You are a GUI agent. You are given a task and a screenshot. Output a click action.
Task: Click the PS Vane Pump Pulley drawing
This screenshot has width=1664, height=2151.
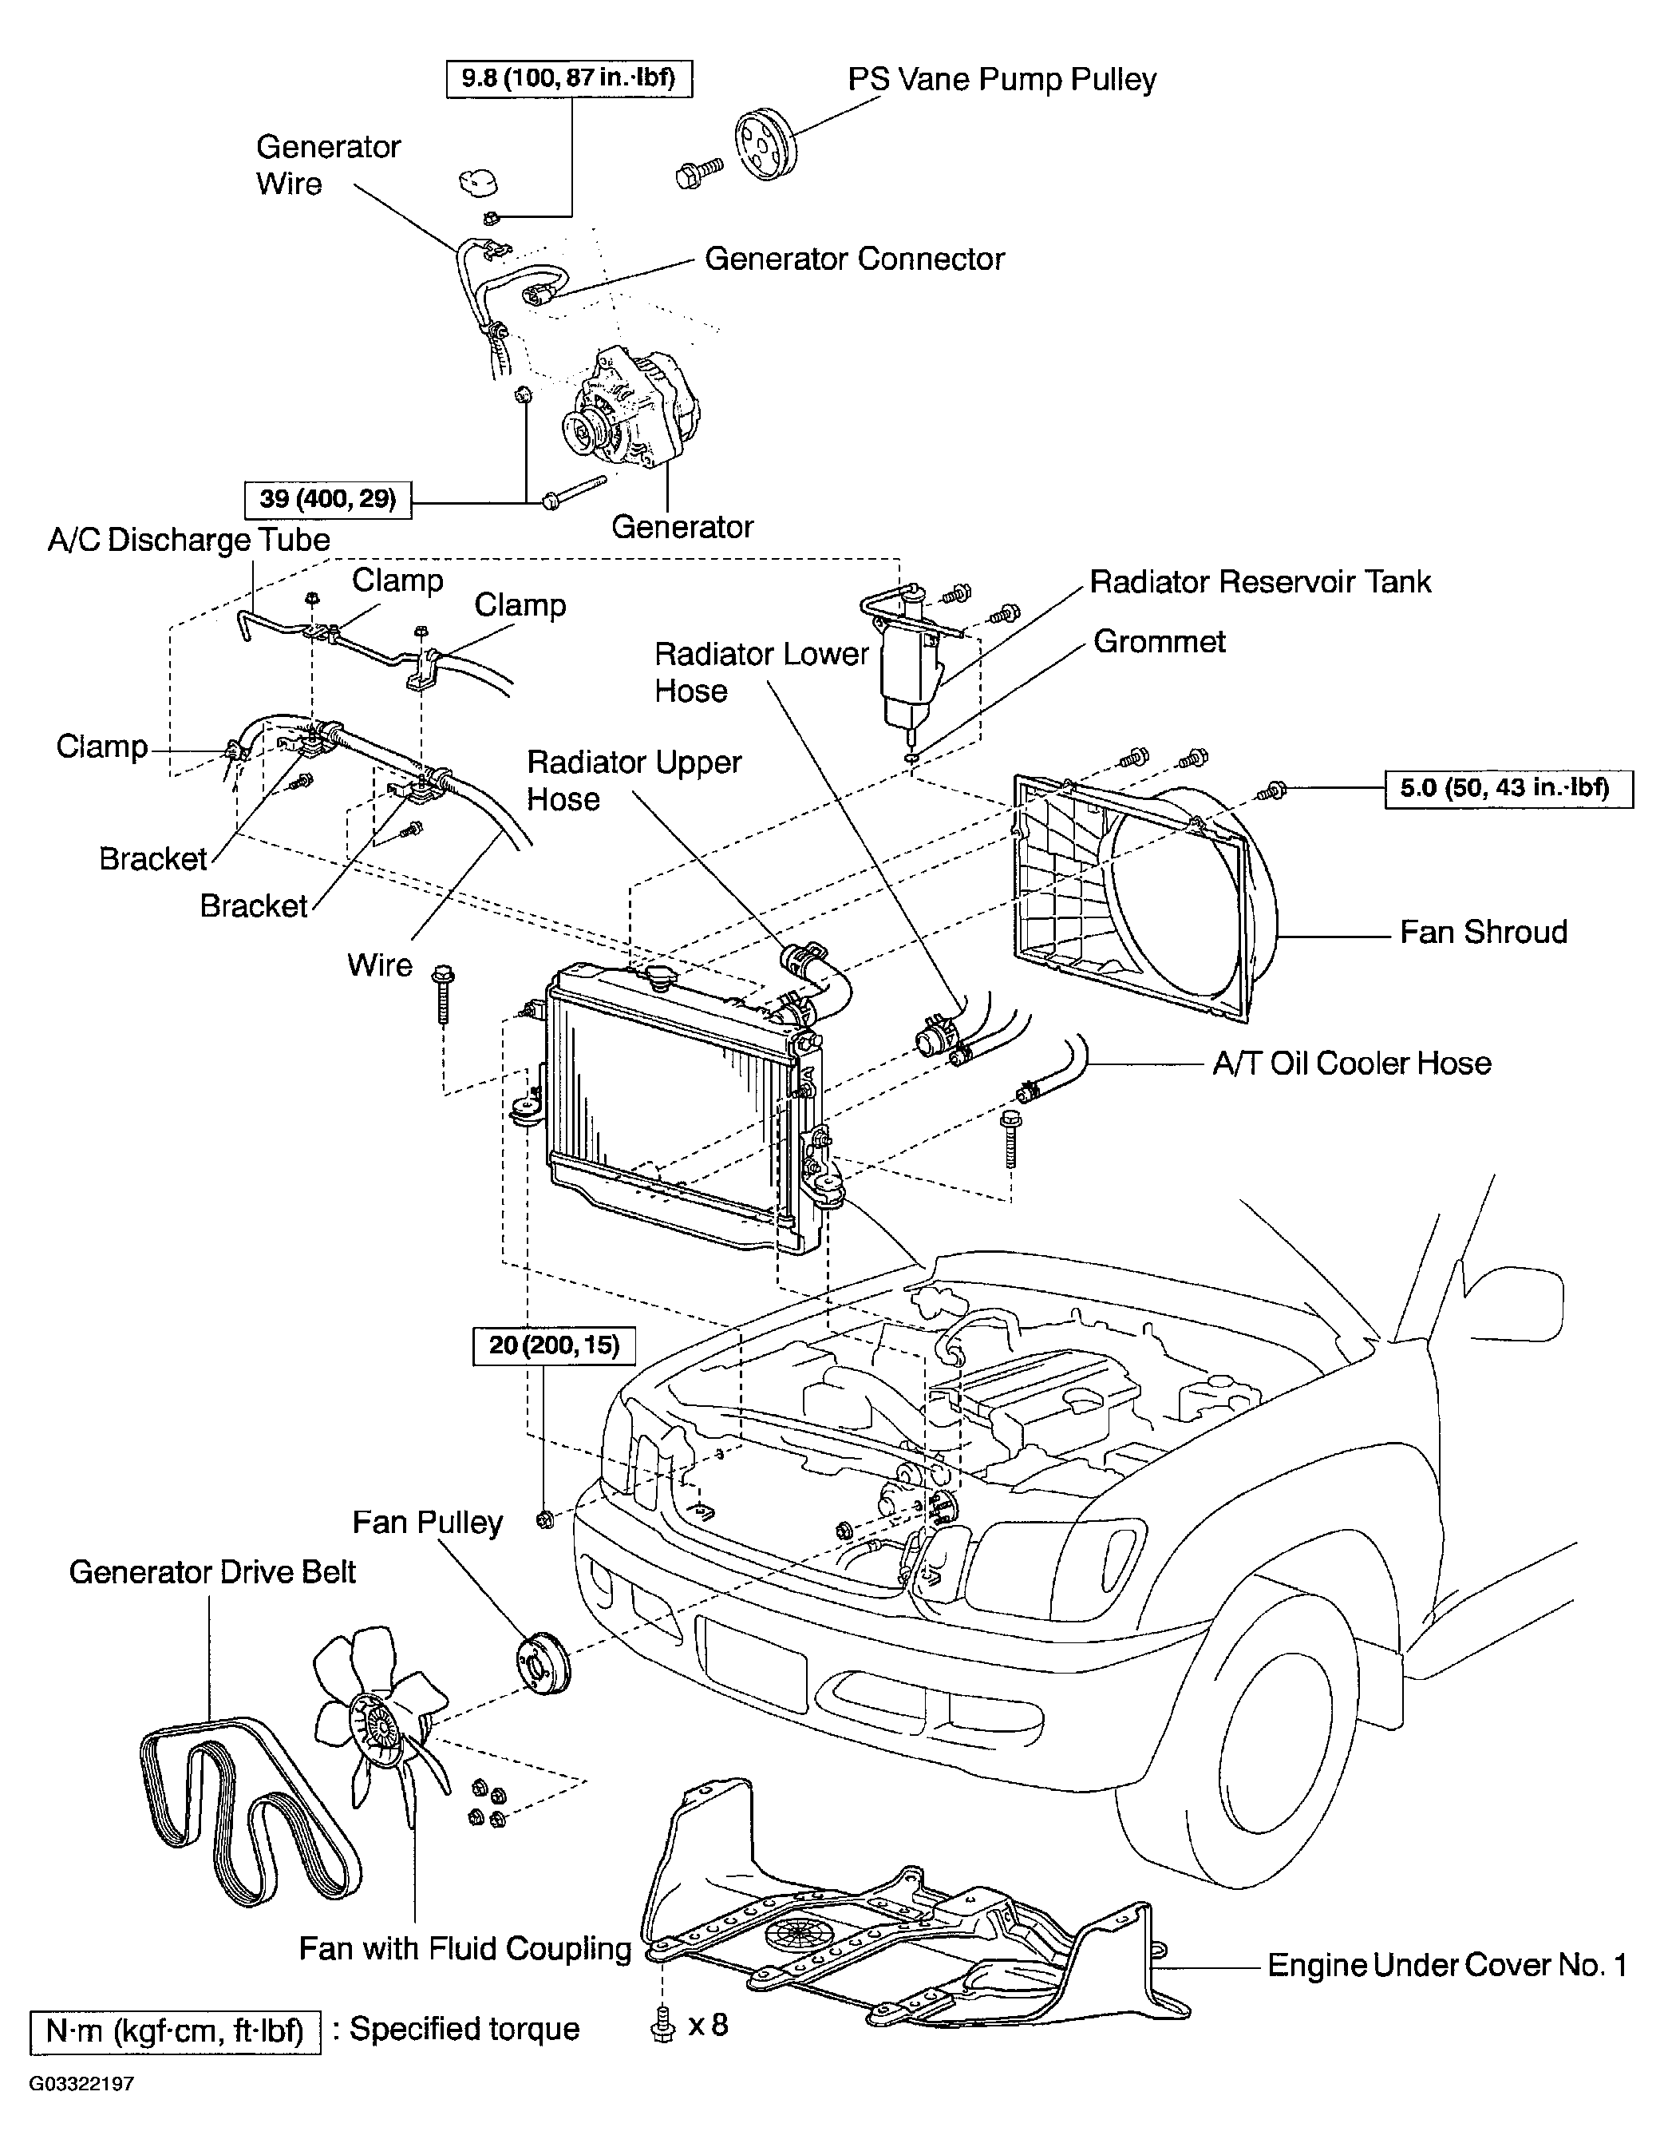(x=768, y=144)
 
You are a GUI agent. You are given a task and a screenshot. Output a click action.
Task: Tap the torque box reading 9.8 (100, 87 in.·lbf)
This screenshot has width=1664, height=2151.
(x=569, y=77)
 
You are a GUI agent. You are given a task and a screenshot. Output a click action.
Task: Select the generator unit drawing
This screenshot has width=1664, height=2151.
(x=630, y=414)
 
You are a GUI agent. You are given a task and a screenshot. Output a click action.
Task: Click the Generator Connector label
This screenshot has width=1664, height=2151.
(x=855, y=259)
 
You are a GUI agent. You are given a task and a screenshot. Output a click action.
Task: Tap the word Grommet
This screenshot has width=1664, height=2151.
(x=1160, y=641)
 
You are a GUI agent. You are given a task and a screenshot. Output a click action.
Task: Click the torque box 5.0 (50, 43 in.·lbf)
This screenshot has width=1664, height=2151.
(x=1508, y=789)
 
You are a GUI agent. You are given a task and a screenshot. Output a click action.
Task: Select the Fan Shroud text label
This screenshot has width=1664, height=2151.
(x=1483, y=932)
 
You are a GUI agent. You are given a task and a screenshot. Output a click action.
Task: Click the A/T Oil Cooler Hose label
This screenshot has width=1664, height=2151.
(x=1352, y=1063)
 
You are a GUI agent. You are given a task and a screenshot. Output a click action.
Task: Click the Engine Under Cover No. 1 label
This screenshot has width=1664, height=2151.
(x=1446, y=1965)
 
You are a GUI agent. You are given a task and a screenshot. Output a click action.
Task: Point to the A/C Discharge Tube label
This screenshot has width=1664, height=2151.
(x=189, y=540)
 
